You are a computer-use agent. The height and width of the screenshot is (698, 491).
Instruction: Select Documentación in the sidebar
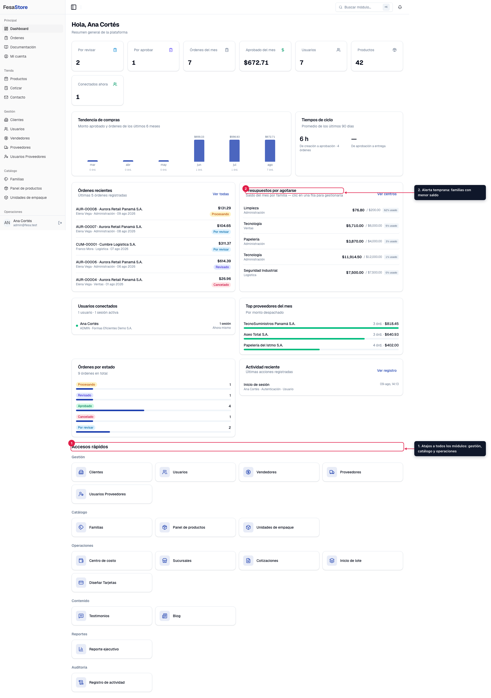coord(23,47)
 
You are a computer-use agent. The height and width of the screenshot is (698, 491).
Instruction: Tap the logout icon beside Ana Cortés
coord(60,223)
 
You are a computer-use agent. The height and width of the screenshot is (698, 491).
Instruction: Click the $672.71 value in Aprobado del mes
coord(256,63)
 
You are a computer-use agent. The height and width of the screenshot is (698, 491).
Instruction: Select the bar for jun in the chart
coord(199,151)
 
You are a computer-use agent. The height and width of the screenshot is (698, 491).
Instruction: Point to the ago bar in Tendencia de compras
coord(270,151)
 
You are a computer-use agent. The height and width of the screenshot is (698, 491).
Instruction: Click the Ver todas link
coord(221,194)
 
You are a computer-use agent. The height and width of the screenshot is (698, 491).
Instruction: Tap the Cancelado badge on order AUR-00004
coord(221,285)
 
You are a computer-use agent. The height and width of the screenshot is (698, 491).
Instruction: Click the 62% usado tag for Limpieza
coord(390,210)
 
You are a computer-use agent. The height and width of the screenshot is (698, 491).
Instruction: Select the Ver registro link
coord(387,370)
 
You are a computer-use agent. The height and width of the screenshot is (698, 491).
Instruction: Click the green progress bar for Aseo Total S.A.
coord(304,339)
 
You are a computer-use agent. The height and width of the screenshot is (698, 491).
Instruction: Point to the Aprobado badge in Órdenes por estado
coord(85,406)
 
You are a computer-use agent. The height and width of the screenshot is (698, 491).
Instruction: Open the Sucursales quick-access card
coord(195,561)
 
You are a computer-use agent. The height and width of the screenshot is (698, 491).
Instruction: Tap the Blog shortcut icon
coord(165,616)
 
